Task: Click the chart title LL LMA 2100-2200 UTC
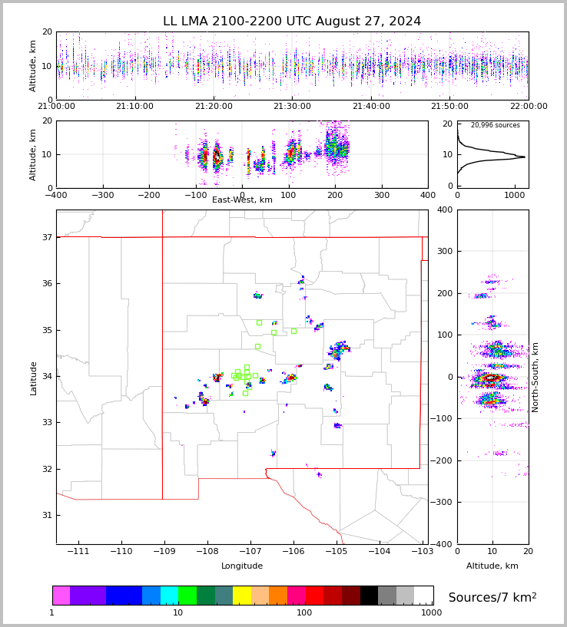point(292,21)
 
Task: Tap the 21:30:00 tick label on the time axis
point(292,107)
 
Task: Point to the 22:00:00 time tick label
point(529,107)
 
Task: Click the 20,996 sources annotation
point(495,125)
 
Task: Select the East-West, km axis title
point(242,200)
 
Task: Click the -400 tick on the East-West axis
point(56,194)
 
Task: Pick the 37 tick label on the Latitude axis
point(46,237)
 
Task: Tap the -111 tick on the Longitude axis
point(78,552)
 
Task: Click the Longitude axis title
point(242,566)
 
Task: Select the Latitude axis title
point(34,378)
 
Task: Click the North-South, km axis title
point(535,377)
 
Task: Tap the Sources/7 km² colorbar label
point(492,597)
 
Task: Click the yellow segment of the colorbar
point(242,596)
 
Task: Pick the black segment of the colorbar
point(369,596)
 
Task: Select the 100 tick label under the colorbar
point(304,612)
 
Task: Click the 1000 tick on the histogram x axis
point(514,194)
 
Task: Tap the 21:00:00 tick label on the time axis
point(56,107)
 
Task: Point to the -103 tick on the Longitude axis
point(421,552)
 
